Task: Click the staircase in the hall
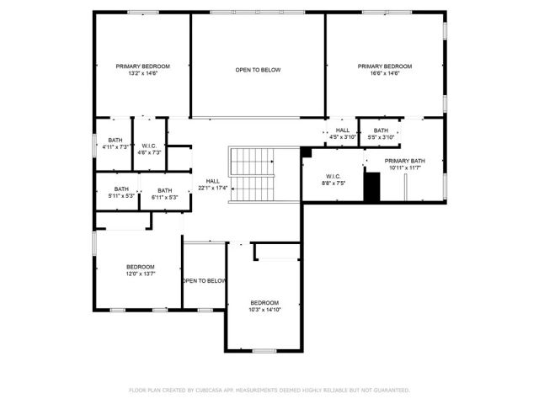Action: click(253, 173)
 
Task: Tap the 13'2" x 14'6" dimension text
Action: click(143, 74)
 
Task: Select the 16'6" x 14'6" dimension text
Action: click(384, 74)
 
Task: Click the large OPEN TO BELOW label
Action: click(258, 70)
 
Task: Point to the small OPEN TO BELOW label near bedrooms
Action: click(205, 280)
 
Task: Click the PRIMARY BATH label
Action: click(405, 160)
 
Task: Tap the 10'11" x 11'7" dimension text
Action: click(405, 167)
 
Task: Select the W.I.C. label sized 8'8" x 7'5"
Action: click(333, 176)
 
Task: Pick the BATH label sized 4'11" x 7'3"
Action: click(114, 140)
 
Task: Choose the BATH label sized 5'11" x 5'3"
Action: click(122, 189)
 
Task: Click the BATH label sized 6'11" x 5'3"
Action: click(164, 190)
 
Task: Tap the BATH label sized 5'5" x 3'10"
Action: click(382, 130)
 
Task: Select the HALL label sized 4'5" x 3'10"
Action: click(343, 130)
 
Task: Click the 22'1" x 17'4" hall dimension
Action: click(213, 188)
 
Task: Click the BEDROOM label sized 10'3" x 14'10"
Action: click(264, 302)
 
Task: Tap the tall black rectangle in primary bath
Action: click(371, 185)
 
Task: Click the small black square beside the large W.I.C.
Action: click(307, 152)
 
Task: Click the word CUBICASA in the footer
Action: click(213, 391)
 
